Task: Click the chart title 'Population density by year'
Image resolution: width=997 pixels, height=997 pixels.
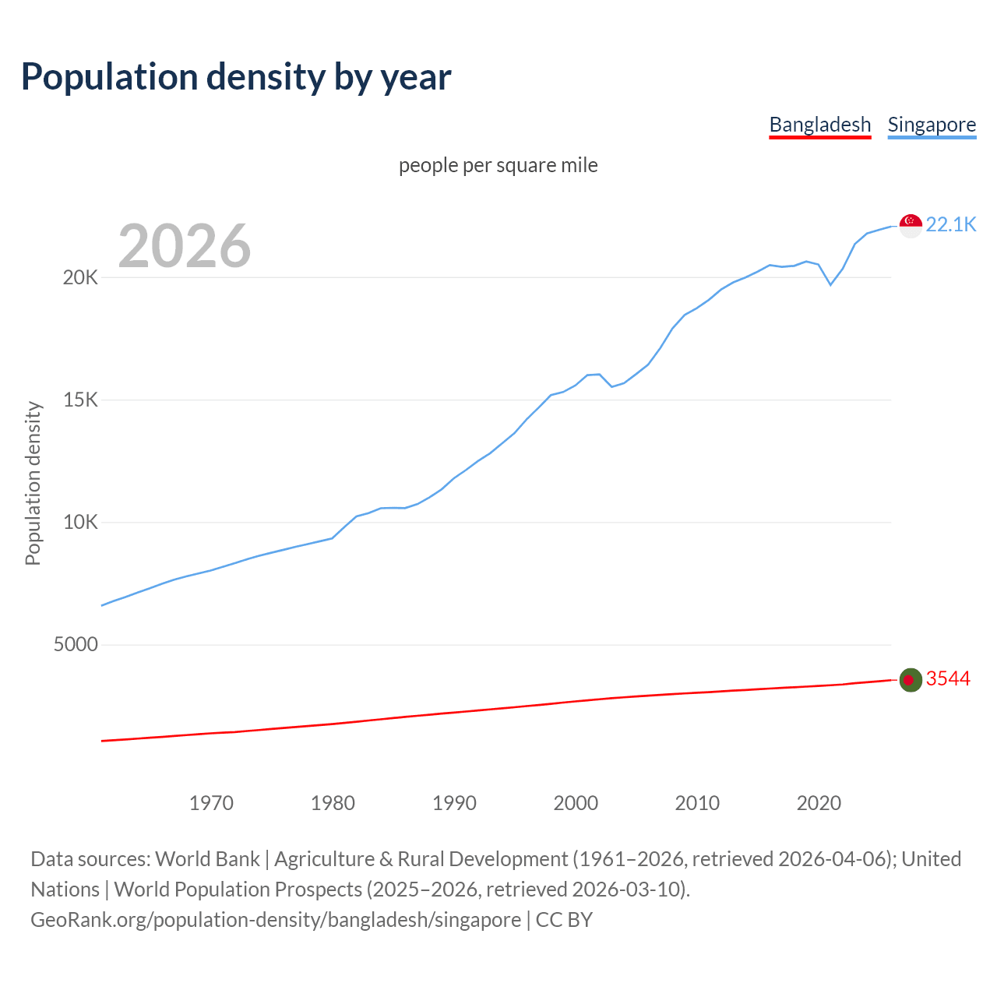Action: pyautogui.click(x=236, y=76)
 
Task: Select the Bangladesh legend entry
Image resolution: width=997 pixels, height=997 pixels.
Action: pyautogui.click(x=819, y=125)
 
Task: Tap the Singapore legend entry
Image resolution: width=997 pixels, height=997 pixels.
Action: pyautogui.click(x=932, y=125)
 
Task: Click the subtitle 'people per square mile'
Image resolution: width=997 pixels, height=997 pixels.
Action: pyautogui.click(x=498, y=165)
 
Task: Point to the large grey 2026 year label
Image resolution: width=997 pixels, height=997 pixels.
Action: pyautogui.click(x=185, y=246)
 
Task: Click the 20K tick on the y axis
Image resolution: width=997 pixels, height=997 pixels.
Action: pyautogui.click(x=80, y=277)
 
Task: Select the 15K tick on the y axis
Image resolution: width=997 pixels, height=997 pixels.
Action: pyautogui.click(x=80, y=400)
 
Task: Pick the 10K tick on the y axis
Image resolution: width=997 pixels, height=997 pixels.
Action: pyautogui.click(x=80, y=522)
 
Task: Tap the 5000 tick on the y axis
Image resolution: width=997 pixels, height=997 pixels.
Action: pyautogui.click(x=76, y=644)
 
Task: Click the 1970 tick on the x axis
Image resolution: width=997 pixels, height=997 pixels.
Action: pyautogui.click(x=211, y=803)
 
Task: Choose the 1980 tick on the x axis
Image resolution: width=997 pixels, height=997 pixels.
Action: pyautogui.click(x=333, y=803)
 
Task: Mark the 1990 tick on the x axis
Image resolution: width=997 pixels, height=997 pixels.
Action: pyautogui.click(x=454, y=803)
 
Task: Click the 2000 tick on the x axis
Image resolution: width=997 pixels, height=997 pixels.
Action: pyautogui.click(x=576, y=803)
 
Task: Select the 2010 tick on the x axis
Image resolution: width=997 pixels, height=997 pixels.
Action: pyautogui.click(x=697, y=803)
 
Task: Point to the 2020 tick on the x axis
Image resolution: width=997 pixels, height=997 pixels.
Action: pyautogui.click(x=819, y=803)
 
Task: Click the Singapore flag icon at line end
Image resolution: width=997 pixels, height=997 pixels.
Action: pyautogui.click(x=911, y=225)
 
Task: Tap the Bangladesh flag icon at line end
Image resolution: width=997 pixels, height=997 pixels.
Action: pyautogui.click(x=911, y=679)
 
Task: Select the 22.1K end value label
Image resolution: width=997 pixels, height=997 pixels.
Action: pyautogui.click(x=951, y=224)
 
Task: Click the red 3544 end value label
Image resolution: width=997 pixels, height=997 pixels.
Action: pyautogui.click(x=948, y=678)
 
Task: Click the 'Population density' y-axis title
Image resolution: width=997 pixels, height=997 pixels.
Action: pyautogui.click(x=33, y=483)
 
